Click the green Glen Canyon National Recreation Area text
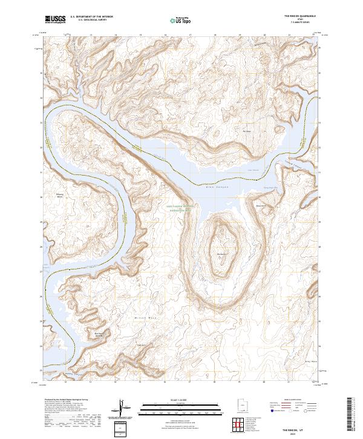click(x=180, y=208)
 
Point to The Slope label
click(x=247, y=130)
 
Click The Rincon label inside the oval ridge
click(x=222, y=254)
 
